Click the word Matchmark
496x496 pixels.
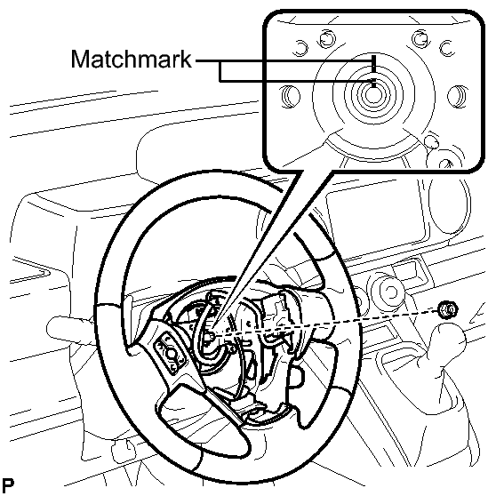(132, 60)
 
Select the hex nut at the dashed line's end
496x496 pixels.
(448, 309)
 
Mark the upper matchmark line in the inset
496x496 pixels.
(374, 64)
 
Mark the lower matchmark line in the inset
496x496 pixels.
(374, 83)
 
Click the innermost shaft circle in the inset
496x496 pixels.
(373, 95)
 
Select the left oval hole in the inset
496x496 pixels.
(291, 96)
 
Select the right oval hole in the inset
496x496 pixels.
(458, 96)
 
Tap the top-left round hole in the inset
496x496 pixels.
(327, 38)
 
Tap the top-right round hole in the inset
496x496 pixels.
(420, 38)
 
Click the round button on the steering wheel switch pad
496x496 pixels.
(171, 353)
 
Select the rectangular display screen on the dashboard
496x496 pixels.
(376, 218)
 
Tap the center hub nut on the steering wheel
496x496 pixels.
(209, 336)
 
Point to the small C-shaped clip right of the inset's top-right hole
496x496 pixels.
(446, 48)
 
